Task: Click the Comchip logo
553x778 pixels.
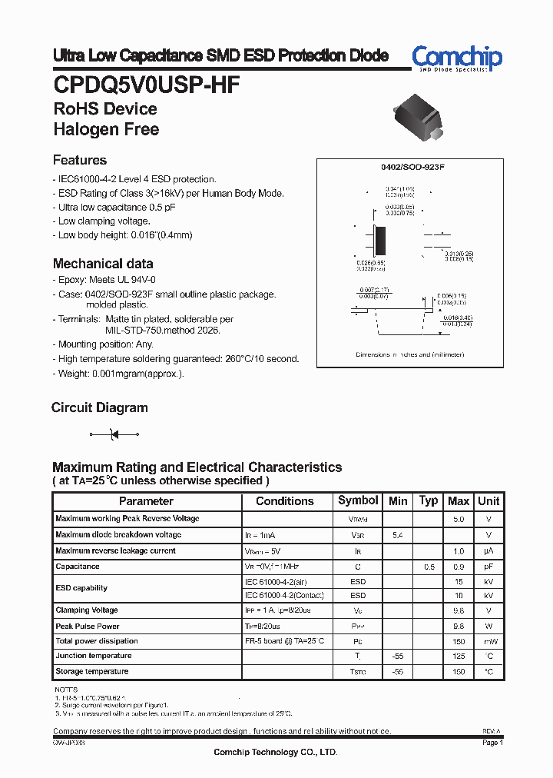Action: (456, 58)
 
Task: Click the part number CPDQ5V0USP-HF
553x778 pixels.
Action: (146, 84)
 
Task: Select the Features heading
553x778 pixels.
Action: (79, 161)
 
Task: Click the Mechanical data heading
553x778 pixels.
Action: (102, 264)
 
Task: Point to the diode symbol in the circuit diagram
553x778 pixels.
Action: (114, 435)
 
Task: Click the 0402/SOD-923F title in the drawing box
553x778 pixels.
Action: (412, 167)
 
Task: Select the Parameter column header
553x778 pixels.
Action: (146, 501)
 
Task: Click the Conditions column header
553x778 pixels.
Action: (284, 501)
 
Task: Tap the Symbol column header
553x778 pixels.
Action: (358, 500)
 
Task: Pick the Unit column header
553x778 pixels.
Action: (488, 501)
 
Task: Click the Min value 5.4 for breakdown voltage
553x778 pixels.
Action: (398, 534)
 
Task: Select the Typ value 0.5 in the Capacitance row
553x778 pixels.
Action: (429, 567)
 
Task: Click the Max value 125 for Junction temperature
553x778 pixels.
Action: (459, 656)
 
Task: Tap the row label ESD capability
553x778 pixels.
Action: (81, 588)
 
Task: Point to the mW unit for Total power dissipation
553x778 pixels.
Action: (488, 640)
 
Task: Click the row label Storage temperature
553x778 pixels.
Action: (92, 671)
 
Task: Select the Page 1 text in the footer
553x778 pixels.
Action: (492, 743)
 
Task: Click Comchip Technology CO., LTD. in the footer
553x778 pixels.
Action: (275, 753)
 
